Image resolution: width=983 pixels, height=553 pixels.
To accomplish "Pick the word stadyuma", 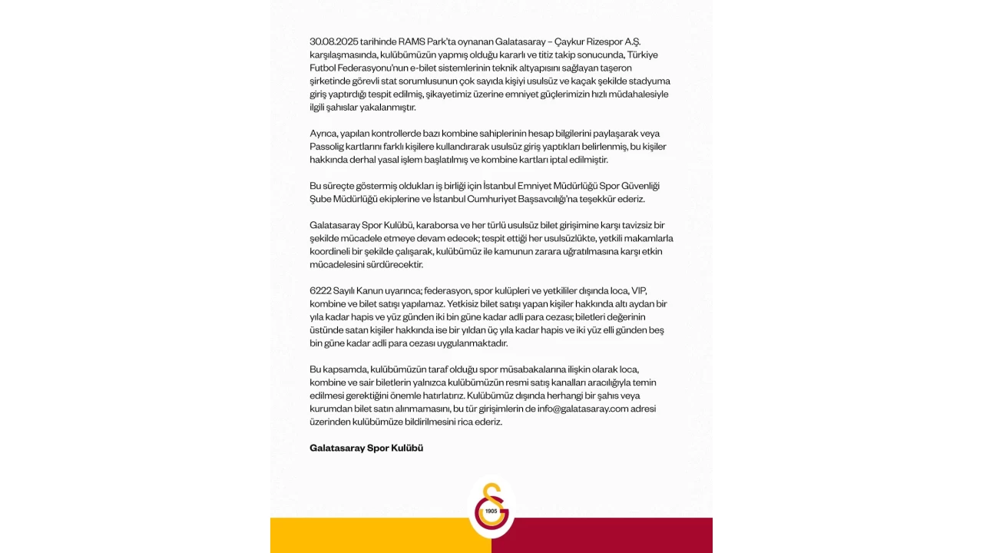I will tap(650, 81).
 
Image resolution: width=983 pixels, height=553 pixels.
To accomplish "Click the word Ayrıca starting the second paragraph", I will tap(324, 134).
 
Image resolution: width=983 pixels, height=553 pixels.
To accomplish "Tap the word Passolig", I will tap(328, 147).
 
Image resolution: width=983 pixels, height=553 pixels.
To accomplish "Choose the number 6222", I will tap(322, 291).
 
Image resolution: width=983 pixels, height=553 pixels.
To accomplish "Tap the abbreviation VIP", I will tap(639, 291).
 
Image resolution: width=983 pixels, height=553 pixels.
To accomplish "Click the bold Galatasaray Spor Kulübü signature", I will tap(366, 448).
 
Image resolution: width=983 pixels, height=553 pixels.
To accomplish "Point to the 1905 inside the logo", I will tap(491, 511).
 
